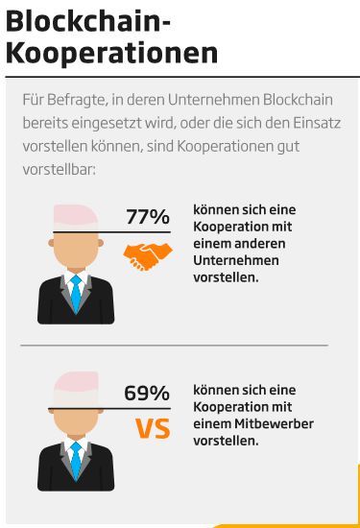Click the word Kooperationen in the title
pyautogui.click(x=111, y=53)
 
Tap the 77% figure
pyautogui.click(x=147, y=216)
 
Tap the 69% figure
pyautogui.click(x=146, y=393)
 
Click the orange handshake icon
pyautogui.click(x=148, y=254)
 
